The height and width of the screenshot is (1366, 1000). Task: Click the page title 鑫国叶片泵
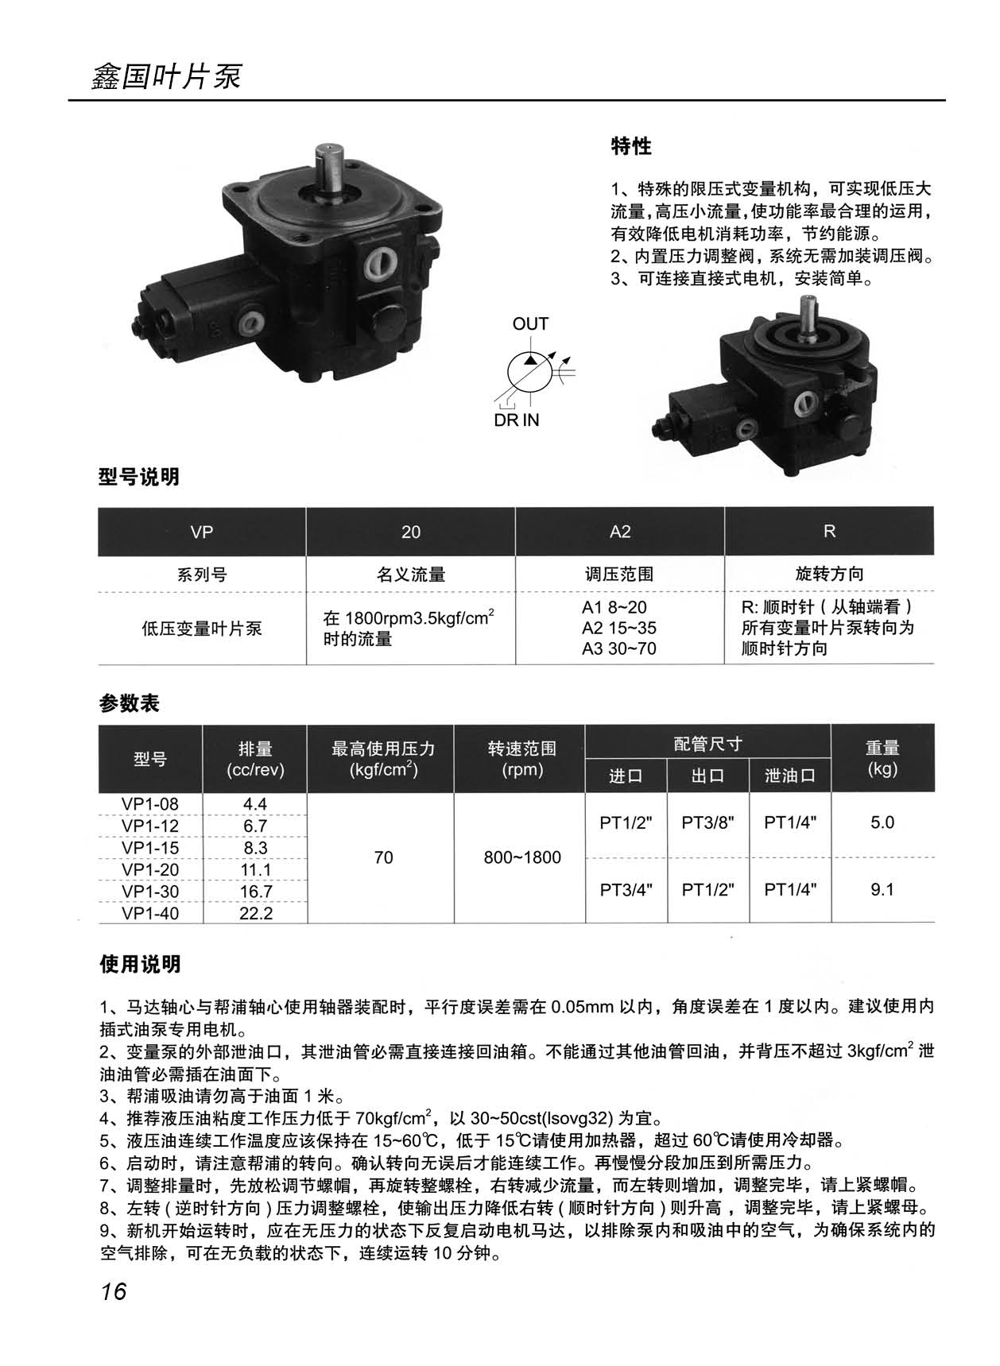click(166, 77)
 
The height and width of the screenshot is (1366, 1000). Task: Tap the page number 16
click(114, 1291)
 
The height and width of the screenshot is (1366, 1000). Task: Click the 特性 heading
click(631, 146)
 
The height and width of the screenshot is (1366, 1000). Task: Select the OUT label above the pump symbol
click(530, 324)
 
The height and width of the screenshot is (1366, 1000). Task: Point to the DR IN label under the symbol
click(516, 420)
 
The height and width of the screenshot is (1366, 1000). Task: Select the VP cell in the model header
click(202, 532)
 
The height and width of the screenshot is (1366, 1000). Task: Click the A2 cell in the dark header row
click(620, 532)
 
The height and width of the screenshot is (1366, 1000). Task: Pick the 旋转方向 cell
click(829, 574)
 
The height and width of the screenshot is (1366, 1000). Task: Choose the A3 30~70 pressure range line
click(619, 648)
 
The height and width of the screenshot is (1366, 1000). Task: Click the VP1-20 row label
click(150, 869)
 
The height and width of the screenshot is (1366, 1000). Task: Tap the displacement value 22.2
click(256, 913)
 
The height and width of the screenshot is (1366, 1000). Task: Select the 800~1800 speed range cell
click(522, 857)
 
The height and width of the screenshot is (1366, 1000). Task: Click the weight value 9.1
click(882, 889)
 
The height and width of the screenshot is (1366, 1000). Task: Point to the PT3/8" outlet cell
click(707, 822)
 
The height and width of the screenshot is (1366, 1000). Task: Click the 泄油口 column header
click(790, 776)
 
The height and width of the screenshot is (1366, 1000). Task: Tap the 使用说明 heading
click(140, 965)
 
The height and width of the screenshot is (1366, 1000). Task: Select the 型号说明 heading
click(139, 477)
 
